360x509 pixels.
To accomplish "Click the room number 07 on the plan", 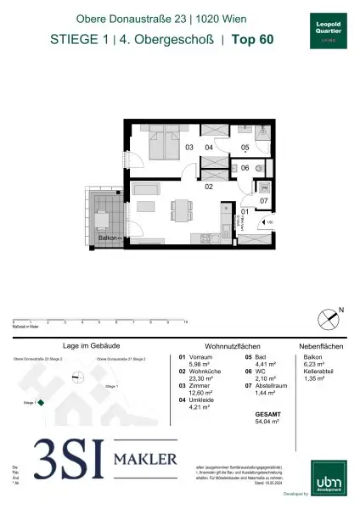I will click(264, 201).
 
